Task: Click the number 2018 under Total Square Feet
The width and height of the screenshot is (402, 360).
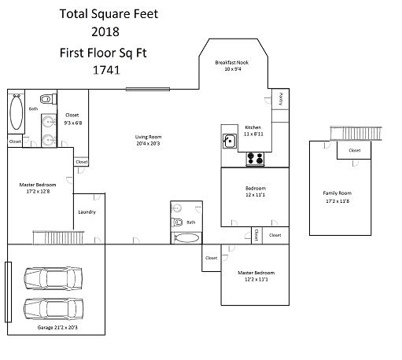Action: tap(105, 31)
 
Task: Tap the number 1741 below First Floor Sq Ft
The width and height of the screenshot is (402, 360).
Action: tap(106, 70)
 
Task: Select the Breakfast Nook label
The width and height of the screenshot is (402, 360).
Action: tap(232, 62)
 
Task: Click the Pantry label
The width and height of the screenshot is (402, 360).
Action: tap(281, 99)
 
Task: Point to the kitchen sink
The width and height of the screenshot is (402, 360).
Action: tap(230, 141)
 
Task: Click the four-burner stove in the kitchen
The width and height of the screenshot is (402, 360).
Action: tap(255, 159)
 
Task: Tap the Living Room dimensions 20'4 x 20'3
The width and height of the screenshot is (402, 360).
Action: tap(148, 143)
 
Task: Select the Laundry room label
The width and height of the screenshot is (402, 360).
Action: tap(87, 211)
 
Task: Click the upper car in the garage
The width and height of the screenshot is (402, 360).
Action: tap(53, 278)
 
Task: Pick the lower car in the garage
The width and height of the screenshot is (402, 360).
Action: tap(53, 309)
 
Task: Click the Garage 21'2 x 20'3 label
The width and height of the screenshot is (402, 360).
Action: tap(57, 327)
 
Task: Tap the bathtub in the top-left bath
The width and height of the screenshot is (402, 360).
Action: tap(17, 112)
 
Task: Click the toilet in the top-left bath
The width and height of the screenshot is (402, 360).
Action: tap(48, 99)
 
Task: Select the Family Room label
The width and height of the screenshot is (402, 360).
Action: tap(337, 193)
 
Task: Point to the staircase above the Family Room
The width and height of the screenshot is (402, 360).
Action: tap(356, 134)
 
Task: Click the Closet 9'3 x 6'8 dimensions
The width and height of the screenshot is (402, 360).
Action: tap(73, 123)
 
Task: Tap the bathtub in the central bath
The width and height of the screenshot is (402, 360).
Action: tap(186, 238)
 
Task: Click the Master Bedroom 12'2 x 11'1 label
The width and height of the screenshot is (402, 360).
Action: tap(256, 276)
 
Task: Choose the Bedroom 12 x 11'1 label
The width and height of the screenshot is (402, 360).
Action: tap(256, 192)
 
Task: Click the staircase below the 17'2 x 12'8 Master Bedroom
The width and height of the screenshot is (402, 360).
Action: tap(58, 237)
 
